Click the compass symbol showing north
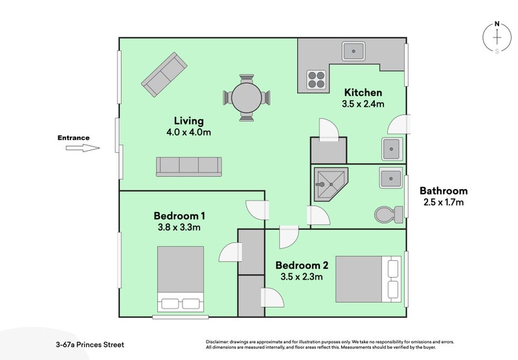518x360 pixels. [x=497, y=38]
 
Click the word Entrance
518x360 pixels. [x=73, y=137]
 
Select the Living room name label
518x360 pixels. [x=189, y=120]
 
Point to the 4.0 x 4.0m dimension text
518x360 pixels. [x=189, y=133]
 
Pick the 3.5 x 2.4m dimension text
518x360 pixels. [x=363, y=104]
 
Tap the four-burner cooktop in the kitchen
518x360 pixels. [x=316, y=80]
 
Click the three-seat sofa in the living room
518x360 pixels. [x=188, y=166]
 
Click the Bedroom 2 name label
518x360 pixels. [x=302, y=265]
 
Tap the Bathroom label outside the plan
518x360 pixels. [x=444, y=190]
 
